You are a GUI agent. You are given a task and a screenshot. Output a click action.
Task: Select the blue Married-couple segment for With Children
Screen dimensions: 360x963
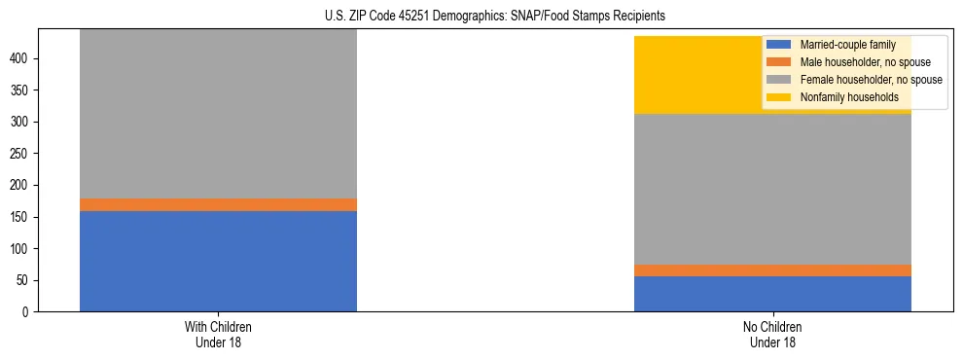point(218,261)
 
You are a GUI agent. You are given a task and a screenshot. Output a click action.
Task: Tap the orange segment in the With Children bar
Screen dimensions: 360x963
point(218,204)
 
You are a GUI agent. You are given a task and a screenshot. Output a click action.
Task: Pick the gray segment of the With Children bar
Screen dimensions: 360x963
point(218,113)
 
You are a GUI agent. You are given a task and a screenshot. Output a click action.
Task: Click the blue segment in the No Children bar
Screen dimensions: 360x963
point(772,294)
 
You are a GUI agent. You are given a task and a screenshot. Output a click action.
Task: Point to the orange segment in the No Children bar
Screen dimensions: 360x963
point(772,270)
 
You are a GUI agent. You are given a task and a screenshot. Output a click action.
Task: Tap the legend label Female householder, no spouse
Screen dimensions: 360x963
point(871,80)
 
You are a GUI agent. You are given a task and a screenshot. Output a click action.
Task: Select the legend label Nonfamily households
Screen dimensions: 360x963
point(842,97)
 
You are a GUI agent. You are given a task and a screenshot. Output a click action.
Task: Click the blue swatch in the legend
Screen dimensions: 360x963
point(779,45)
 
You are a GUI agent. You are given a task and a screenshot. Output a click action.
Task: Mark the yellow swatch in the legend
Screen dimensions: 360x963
point(779,97)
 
